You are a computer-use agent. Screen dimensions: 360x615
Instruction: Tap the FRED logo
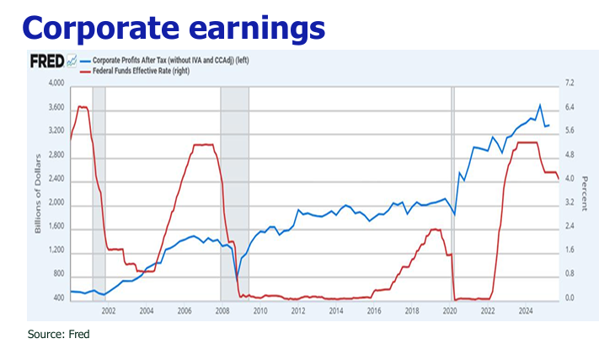tap(48, 62)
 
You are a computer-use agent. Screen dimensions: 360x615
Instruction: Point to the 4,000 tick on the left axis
tap(54, 84)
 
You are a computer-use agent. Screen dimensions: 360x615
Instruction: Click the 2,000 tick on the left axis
tap(54, 205)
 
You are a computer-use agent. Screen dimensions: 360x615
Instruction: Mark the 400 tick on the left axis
tap(57, 298)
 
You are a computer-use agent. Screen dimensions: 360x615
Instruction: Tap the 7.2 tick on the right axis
tap(570, 84)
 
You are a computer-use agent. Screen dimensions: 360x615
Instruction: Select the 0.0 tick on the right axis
tap(570, 298)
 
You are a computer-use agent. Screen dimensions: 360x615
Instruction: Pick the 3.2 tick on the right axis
tap(570, 204)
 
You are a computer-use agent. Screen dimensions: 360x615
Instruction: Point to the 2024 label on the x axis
tap(525, 311)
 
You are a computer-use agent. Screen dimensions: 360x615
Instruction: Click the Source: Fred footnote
tap(58, 335)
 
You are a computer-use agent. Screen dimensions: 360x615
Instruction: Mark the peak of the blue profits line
tap(540, 105)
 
